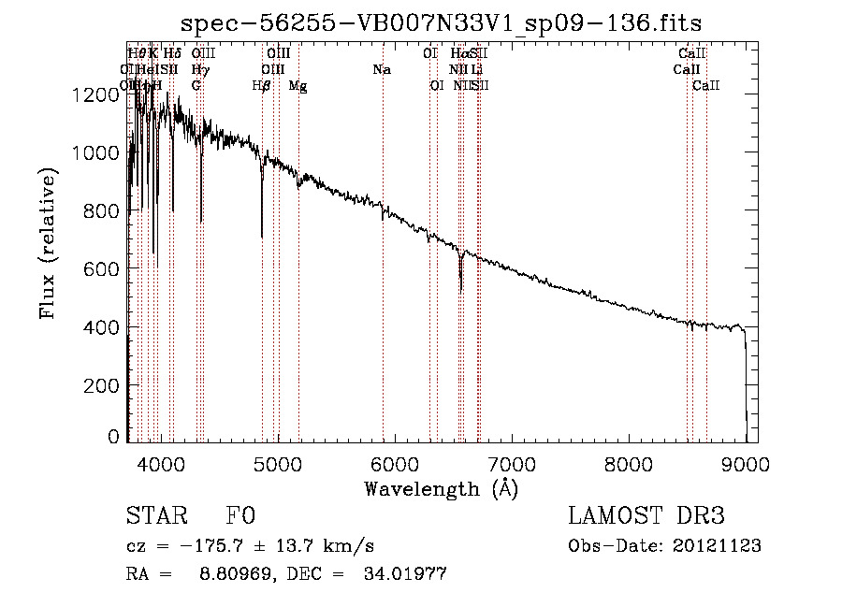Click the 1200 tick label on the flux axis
(100, 94)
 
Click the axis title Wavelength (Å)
(441, 488)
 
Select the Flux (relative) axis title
(49, 244)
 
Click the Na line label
(382, 70)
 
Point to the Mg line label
(298, 86)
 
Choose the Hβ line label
(262, 86)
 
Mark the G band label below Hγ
(196, 86)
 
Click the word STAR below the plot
(153, 517)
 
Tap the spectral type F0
(240, 517)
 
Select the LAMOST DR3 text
(646, 517)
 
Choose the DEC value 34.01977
(404, 574)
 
